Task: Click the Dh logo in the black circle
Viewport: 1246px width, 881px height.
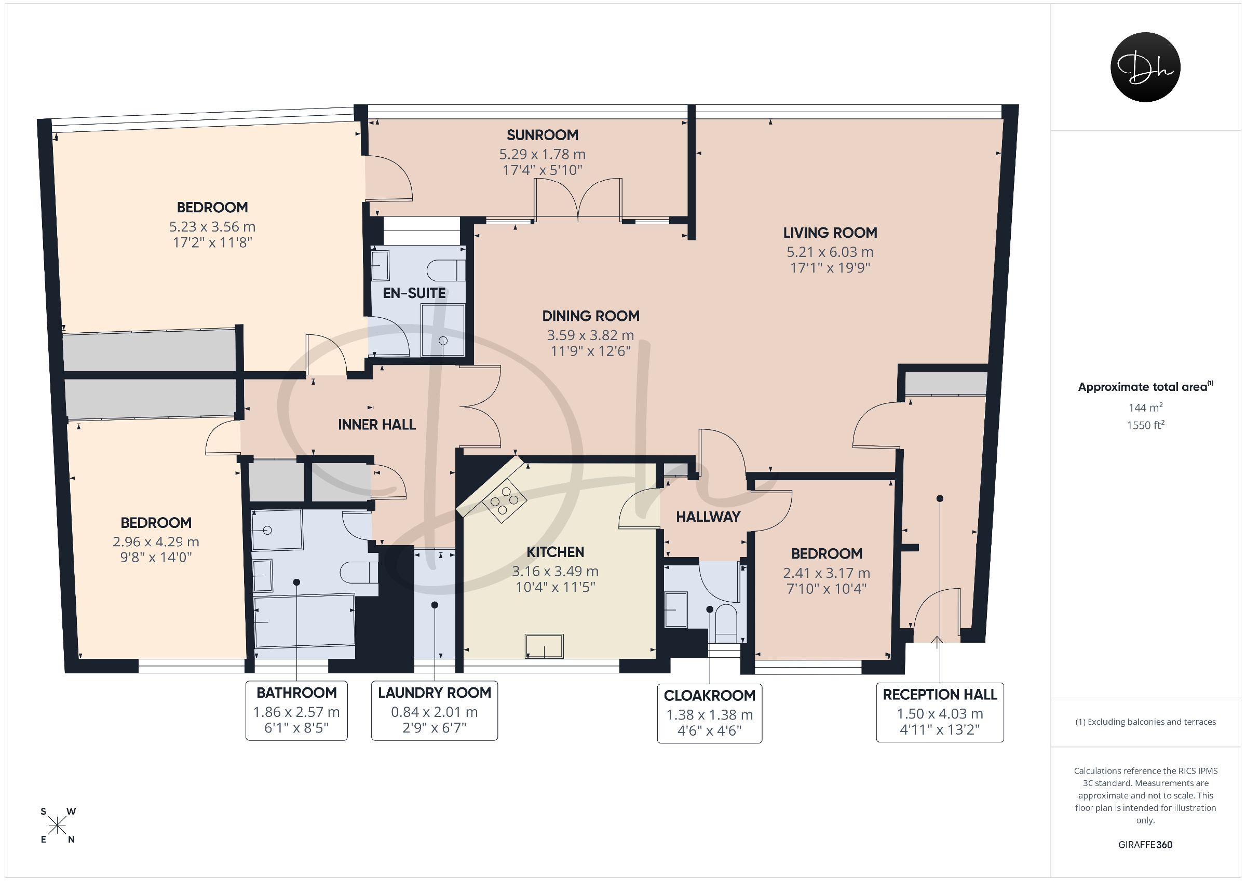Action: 1145,67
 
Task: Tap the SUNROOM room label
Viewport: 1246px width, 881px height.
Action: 542,134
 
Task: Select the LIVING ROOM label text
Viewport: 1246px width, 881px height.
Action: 830,233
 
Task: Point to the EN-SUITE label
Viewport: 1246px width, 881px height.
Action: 414,293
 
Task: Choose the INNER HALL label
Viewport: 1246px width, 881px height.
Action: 376,425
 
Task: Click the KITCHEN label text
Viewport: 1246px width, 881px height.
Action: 555,552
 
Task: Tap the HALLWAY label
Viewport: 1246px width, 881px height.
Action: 708,517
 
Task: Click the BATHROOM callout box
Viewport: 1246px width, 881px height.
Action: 296,710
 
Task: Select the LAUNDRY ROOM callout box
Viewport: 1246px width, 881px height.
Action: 434,710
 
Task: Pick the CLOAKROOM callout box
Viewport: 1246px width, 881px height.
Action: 709,713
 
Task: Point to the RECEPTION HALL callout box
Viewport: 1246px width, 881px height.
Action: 940,712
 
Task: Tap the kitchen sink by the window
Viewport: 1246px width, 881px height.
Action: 544,646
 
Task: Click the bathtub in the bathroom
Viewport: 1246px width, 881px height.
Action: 304,620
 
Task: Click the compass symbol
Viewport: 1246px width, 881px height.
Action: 57,825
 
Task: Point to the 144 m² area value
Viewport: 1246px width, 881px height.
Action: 1145,407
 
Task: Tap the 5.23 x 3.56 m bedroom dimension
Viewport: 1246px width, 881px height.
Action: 212,226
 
